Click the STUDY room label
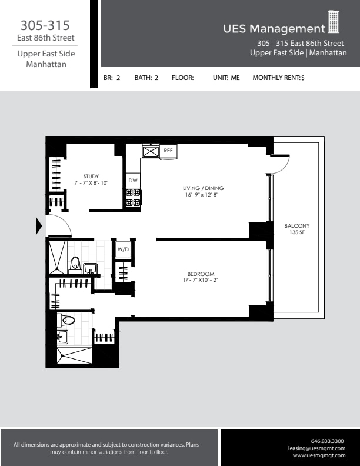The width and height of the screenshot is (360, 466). [x=91, y=176]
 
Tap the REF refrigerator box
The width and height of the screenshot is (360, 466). [x=168, y=151]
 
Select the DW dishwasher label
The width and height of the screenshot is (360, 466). [x=133, y=180]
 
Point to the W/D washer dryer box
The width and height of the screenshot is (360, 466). [x=123, y=249]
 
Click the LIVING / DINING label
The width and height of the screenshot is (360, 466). [x=203, y=188]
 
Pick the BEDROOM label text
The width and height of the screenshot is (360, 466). [x=201, y=274]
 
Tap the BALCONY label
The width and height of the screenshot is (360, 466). [x=296, y=226]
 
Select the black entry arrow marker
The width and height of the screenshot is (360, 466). [x=39, y=226]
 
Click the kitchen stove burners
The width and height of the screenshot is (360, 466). [x=133, y=197]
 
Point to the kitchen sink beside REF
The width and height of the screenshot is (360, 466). [x=151, y=152]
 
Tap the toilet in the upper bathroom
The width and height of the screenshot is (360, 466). [x=75, y=264]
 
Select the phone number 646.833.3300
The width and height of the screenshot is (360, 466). [x=327, y=441]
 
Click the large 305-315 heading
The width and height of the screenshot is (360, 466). [x=45, y=25]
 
